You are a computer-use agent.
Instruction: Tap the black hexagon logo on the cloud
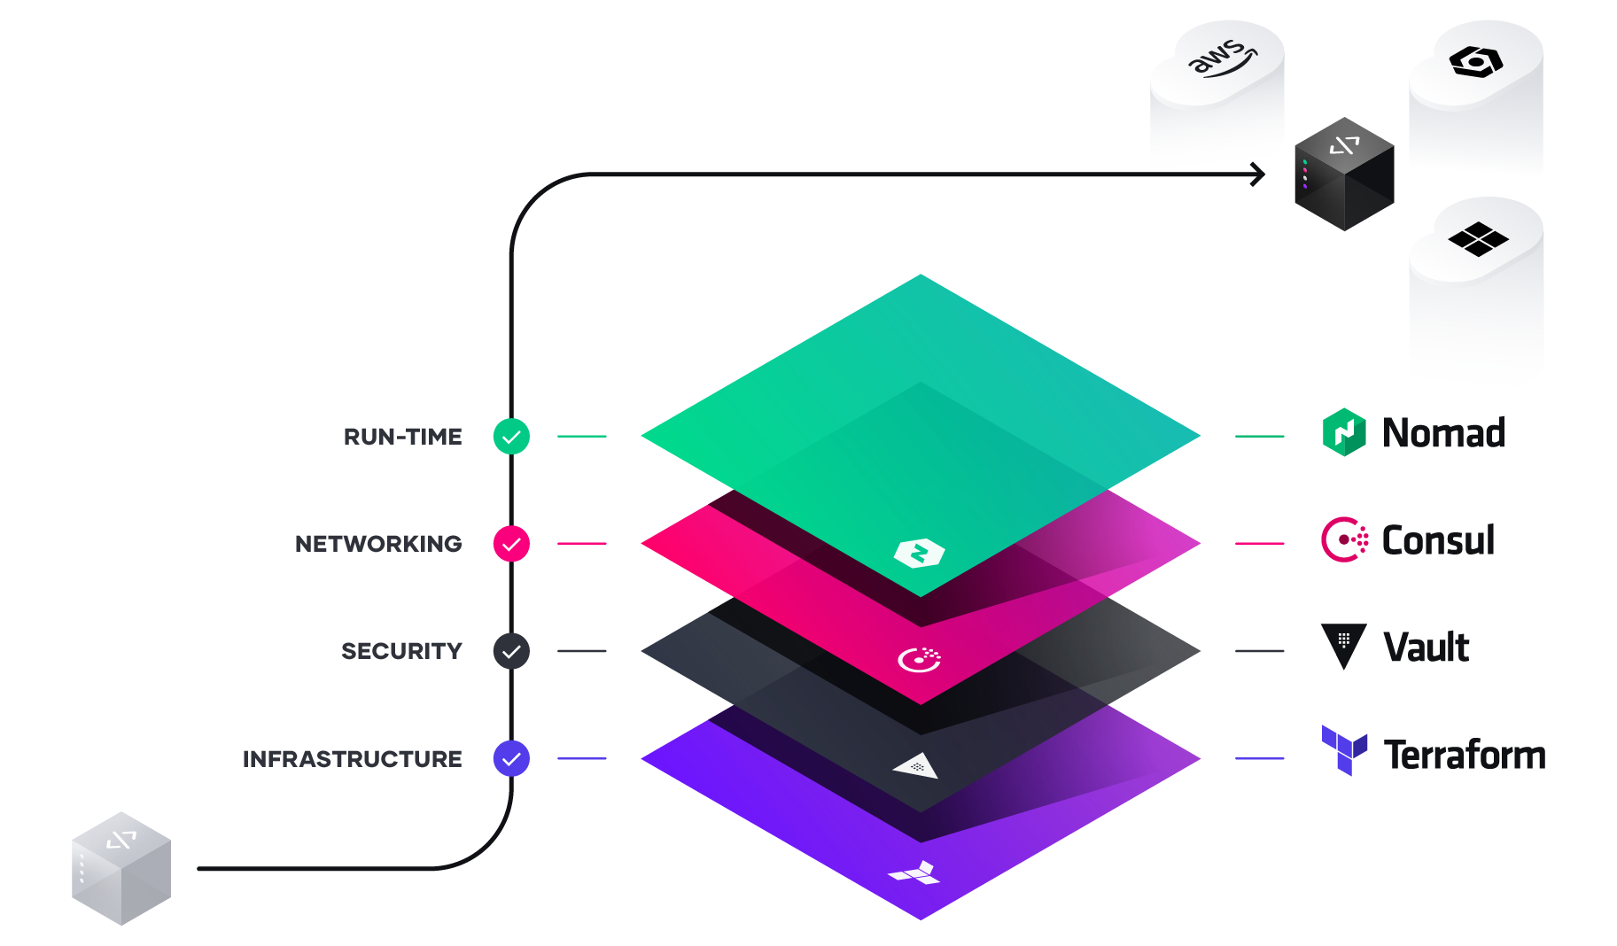pyautogui.click(x=1475, y=62)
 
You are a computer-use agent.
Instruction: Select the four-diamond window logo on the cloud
pyautogui.click(x=1478, y=238)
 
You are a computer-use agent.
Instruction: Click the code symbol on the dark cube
pyautogui.click(x=1344, y=144)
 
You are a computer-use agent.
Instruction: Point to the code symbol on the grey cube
pyautogui.click(x=121, y=840)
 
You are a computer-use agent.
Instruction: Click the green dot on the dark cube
pyautogui.click(x=1305, y=162)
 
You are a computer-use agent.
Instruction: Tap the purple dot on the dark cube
pyautogui.click(x=1305, y=186)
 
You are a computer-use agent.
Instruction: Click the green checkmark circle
pyautogui.click(x=511, y=437)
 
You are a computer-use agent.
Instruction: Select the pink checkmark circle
pyautogui.click(x=511, y=544)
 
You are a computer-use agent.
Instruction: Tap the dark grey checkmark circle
pyautogui.click(x=511, y=652)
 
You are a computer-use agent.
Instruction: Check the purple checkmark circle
pyautogui.click(x=511, y=759)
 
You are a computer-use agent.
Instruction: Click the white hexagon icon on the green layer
pyautogui.click(x=920, y=554)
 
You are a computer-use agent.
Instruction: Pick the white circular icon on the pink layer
pyautogui.click(x=920, y=660)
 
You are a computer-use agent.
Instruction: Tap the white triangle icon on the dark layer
pyautogui.click(x=916, y=765)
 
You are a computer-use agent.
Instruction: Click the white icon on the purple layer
pyautogui.click(x=916, y=873)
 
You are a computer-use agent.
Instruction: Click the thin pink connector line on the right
pyautogui.click(x=1276, y=543)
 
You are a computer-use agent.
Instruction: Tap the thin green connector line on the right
pyautogui.click(x=1276, y=436)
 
